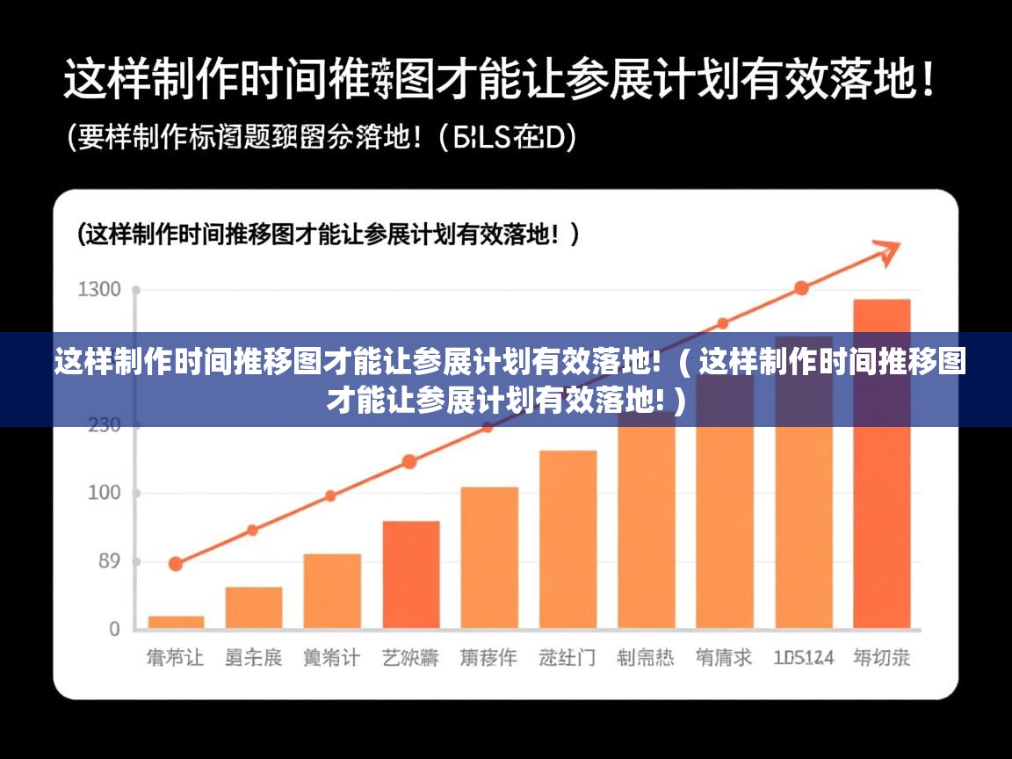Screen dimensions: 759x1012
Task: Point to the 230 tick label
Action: coord(103,425)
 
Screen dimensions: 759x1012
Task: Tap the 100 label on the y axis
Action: coord(103,493)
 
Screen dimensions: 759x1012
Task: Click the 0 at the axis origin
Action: coord(114,629)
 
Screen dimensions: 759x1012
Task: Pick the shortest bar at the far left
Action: coord(176,621)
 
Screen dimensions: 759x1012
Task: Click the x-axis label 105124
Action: coord(803,657)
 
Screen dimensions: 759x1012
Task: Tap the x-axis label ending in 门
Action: coord(567,657)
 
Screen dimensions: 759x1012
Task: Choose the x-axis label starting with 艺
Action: coord(410,657)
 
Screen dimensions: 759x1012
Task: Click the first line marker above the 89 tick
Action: coord(176,564)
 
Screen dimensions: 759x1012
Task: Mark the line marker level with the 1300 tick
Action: coord(801,288)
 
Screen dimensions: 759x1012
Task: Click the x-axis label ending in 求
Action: coord(724,657)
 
